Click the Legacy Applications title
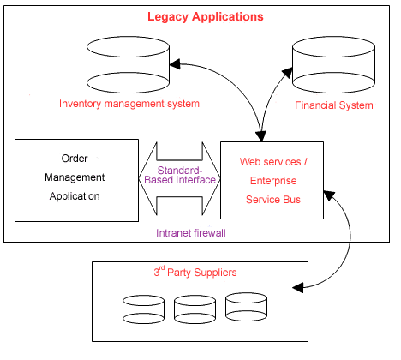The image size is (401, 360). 206,17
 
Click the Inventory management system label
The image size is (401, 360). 129,104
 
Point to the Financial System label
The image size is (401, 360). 334,105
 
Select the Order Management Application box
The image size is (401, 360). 76,180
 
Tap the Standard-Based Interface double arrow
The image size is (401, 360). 179,180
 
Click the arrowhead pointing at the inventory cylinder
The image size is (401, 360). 175,63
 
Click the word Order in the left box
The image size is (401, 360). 75,159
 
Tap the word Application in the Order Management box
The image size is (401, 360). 75,196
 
